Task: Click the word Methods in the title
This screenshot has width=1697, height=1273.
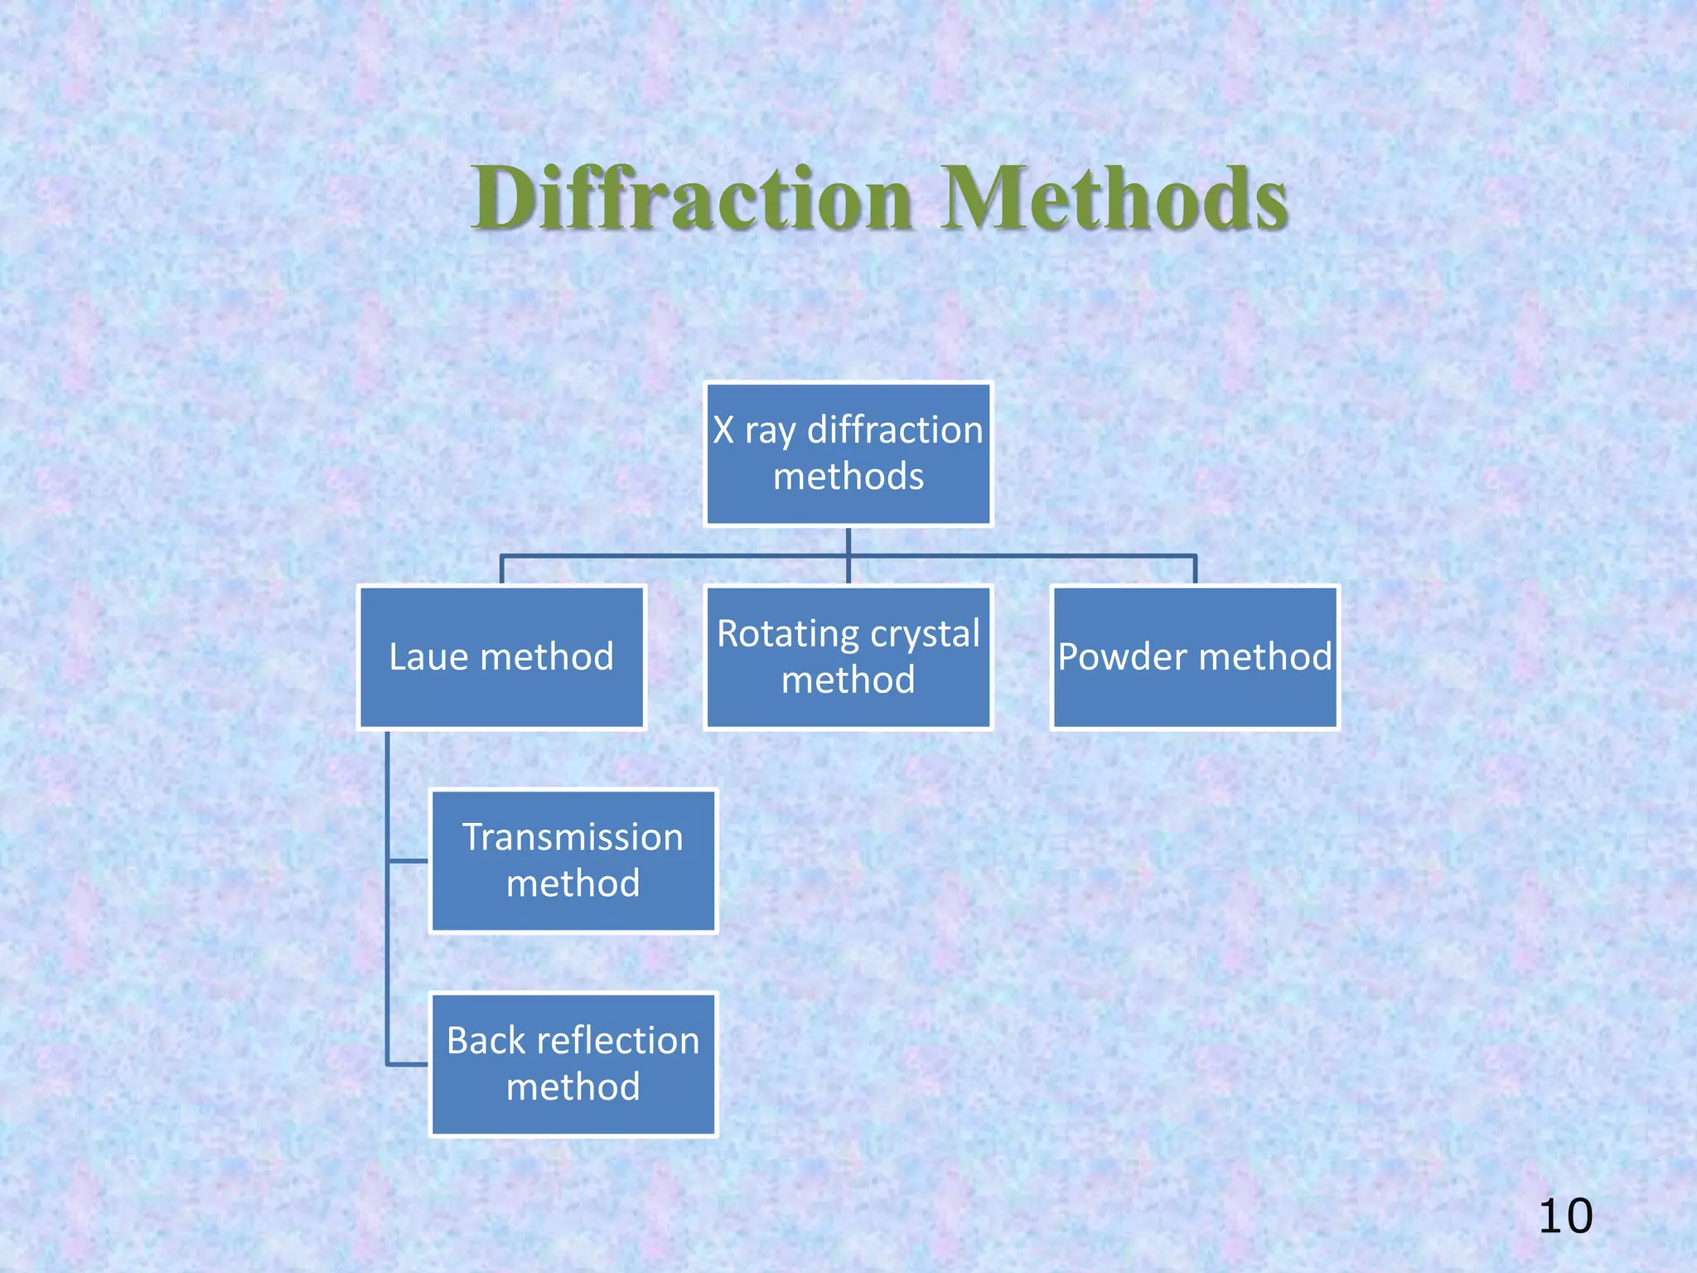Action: (1114, 199)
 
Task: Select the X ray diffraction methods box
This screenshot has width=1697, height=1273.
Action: (848, 453)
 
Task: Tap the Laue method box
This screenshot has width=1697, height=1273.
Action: (501, 657)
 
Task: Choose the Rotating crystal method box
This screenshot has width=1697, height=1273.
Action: (848, 657)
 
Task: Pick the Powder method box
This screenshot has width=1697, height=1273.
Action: (1195, 657)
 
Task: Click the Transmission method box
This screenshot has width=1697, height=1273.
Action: (573, 861)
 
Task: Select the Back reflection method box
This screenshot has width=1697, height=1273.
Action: (573, 1064)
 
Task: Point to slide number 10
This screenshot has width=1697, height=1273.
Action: (1565, 1217)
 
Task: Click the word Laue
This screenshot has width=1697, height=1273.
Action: (429, 657)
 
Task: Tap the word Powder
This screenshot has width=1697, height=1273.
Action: (1123, 657)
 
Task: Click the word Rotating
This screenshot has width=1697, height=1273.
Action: (776, 634)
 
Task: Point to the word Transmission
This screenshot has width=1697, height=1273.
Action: (573, 837)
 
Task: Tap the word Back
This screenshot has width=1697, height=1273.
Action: (481, 1041)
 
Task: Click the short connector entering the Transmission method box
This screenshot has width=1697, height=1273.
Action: (409, 861)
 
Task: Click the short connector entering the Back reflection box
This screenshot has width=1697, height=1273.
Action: (409, 1064)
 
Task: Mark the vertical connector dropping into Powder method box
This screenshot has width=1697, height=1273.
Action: (1195, 570)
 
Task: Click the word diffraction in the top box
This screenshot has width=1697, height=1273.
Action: (895, 430)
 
